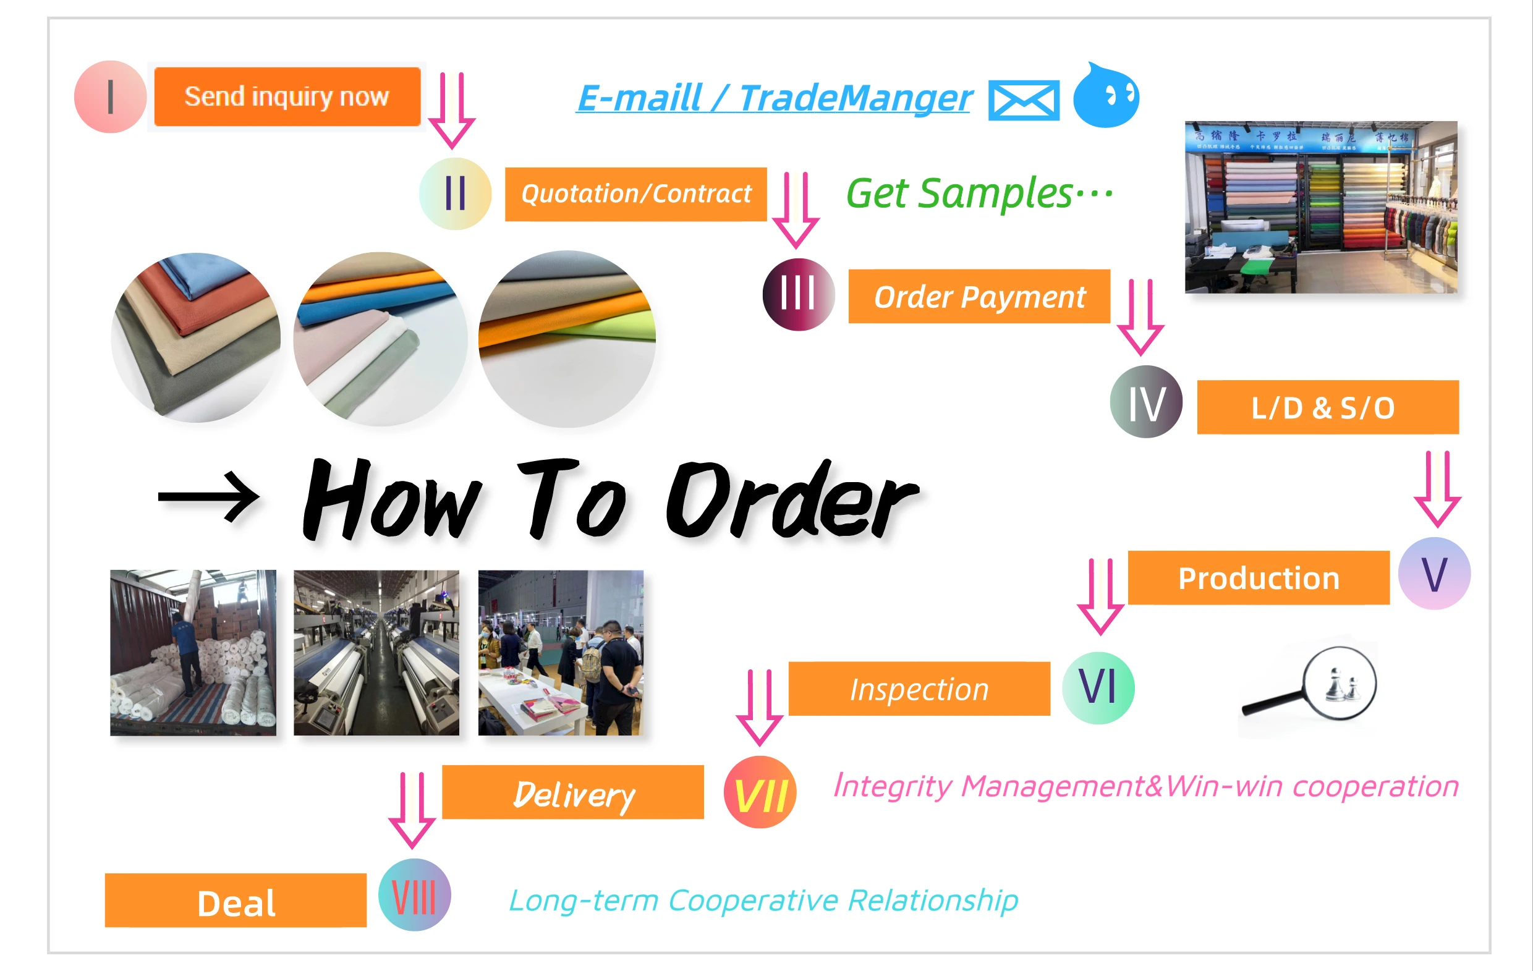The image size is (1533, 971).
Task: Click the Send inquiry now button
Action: [x=287, y=97]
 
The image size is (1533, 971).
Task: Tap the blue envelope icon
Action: [x=1023, y=100]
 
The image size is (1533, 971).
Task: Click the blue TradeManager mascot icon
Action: [x=1106, y=96]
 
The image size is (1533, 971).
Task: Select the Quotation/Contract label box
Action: [x=635, y=194]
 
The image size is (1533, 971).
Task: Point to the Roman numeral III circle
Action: [x=798, y=294]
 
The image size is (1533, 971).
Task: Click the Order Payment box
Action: [x=979, y=297]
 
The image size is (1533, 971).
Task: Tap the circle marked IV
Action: [x=1146, y=402]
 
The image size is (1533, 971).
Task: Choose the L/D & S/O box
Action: [x=1327, y=407]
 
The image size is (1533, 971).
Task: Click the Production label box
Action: [x=1259, y=577]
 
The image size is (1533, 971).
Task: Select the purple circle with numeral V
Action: [x=1434, y=574]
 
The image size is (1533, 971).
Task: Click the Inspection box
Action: [x=919, y=689]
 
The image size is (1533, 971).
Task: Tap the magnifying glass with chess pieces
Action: [x=1312, y=688]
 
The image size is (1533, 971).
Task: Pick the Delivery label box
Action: [x=573, y=793]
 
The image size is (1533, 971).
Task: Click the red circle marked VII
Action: [x=760, y=792]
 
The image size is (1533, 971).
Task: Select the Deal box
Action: [x=236, y=901]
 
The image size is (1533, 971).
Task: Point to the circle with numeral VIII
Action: [x=414, y=895]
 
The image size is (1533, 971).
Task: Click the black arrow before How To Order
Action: [x=209, y=497]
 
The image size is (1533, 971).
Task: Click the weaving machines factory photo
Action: [x=376, y=653]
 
